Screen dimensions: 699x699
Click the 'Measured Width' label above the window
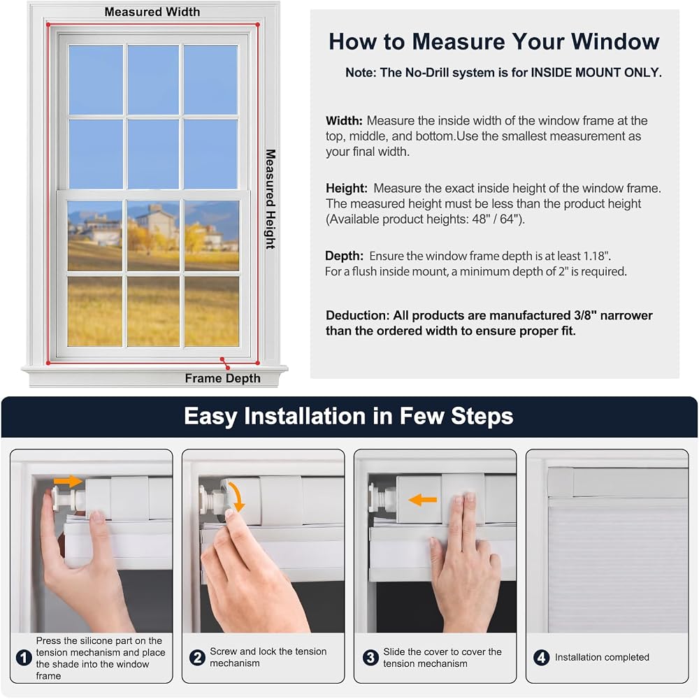[x=152, y=12]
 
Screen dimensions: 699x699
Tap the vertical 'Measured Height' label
[x=270, y=199]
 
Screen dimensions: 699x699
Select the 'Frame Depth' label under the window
[x=222, y=378]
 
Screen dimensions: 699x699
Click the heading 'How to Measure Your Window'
[x=494, y=41]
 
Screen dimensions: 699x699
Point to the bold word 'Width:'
[x=344, y=121]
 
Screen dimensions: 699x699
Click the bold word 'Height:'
[x=347, y=189]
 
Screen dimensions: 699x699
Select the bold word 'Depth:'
[x=344, y=257]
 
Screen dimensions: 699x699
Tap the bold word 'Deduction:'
[x=357, y=316]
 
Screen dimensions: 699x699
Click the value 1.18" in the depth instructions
[x=597, y=256]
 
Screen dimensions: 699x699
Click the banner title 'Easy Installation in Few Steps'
[x=349, y=417]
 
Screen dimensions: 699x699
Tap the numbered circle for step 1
[x=24, y=658]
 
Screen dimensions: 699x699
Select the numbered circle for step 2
[x=197, y=658]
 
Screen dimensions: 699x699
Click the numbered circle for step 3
[x=370, y=658]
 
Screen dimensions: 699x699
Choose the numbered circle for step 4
[x=542, y=658]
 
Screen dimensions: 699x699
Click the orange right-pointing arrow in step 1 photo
[x=68, y=481]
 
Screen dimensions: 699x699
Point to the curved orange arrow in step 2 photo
[x=238, y=495]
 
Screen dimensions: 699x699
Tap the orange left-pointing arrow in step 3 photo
[x=423, y=500]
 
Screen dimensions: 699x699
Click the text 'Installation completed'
[x=602, y=658]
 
